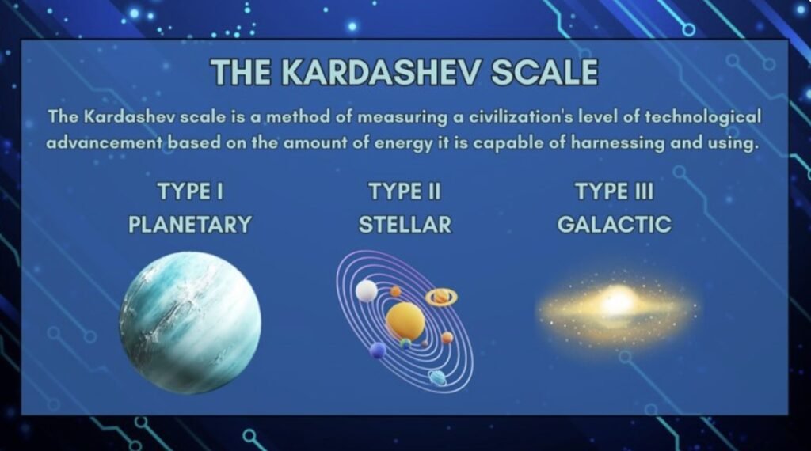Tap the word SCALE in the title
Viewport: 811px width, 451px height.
pyautogui.click(x=545, y=72)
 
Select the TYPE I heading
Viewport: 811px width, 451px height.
pyautogui.click(x=190, y=191)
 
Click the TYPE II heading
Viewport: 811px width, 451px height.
pyautogui.click(x=405, y=191)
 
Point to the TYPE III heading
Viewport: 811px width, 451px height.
pyautogui.click(x=615, y=191)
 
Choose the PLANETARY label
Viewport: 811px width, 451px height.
pyautogui.click(x=190, y=224)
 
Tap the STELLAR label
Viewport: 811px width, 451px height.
pyautogui.click(x=405, y=224)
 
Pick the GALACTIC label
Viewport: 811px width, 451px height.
pyautogui.click(x=615, y=224)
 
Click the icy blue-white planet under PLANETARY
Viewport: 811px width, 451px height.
pyautogui.click(x=190, y=322)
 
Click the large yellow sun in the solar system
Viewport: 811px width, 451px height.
pyautogui.click(x=405, y=321)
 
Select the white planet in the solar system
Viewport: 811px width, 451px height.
pyautogui.click(x=367, y=291)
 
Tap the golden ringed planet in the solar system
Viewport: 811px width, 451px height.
pyautogui.click(x=441, y=297)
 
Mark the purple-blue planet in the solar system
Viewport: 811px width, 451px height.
pyautogui.click(x=378, y=351)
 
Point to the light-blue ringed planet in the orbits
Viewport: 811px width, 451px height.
pyautogui.click(x=437, y=377)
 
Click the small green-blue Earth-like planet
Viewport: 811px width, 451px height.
pyautogui.click(x=405, y=343)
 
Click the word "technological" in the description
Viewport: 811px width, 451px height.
pyautogui.click(x=702, y=117)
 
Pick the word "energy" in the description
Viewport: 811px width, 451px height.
pyautogui.click(x=403, y=142)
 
